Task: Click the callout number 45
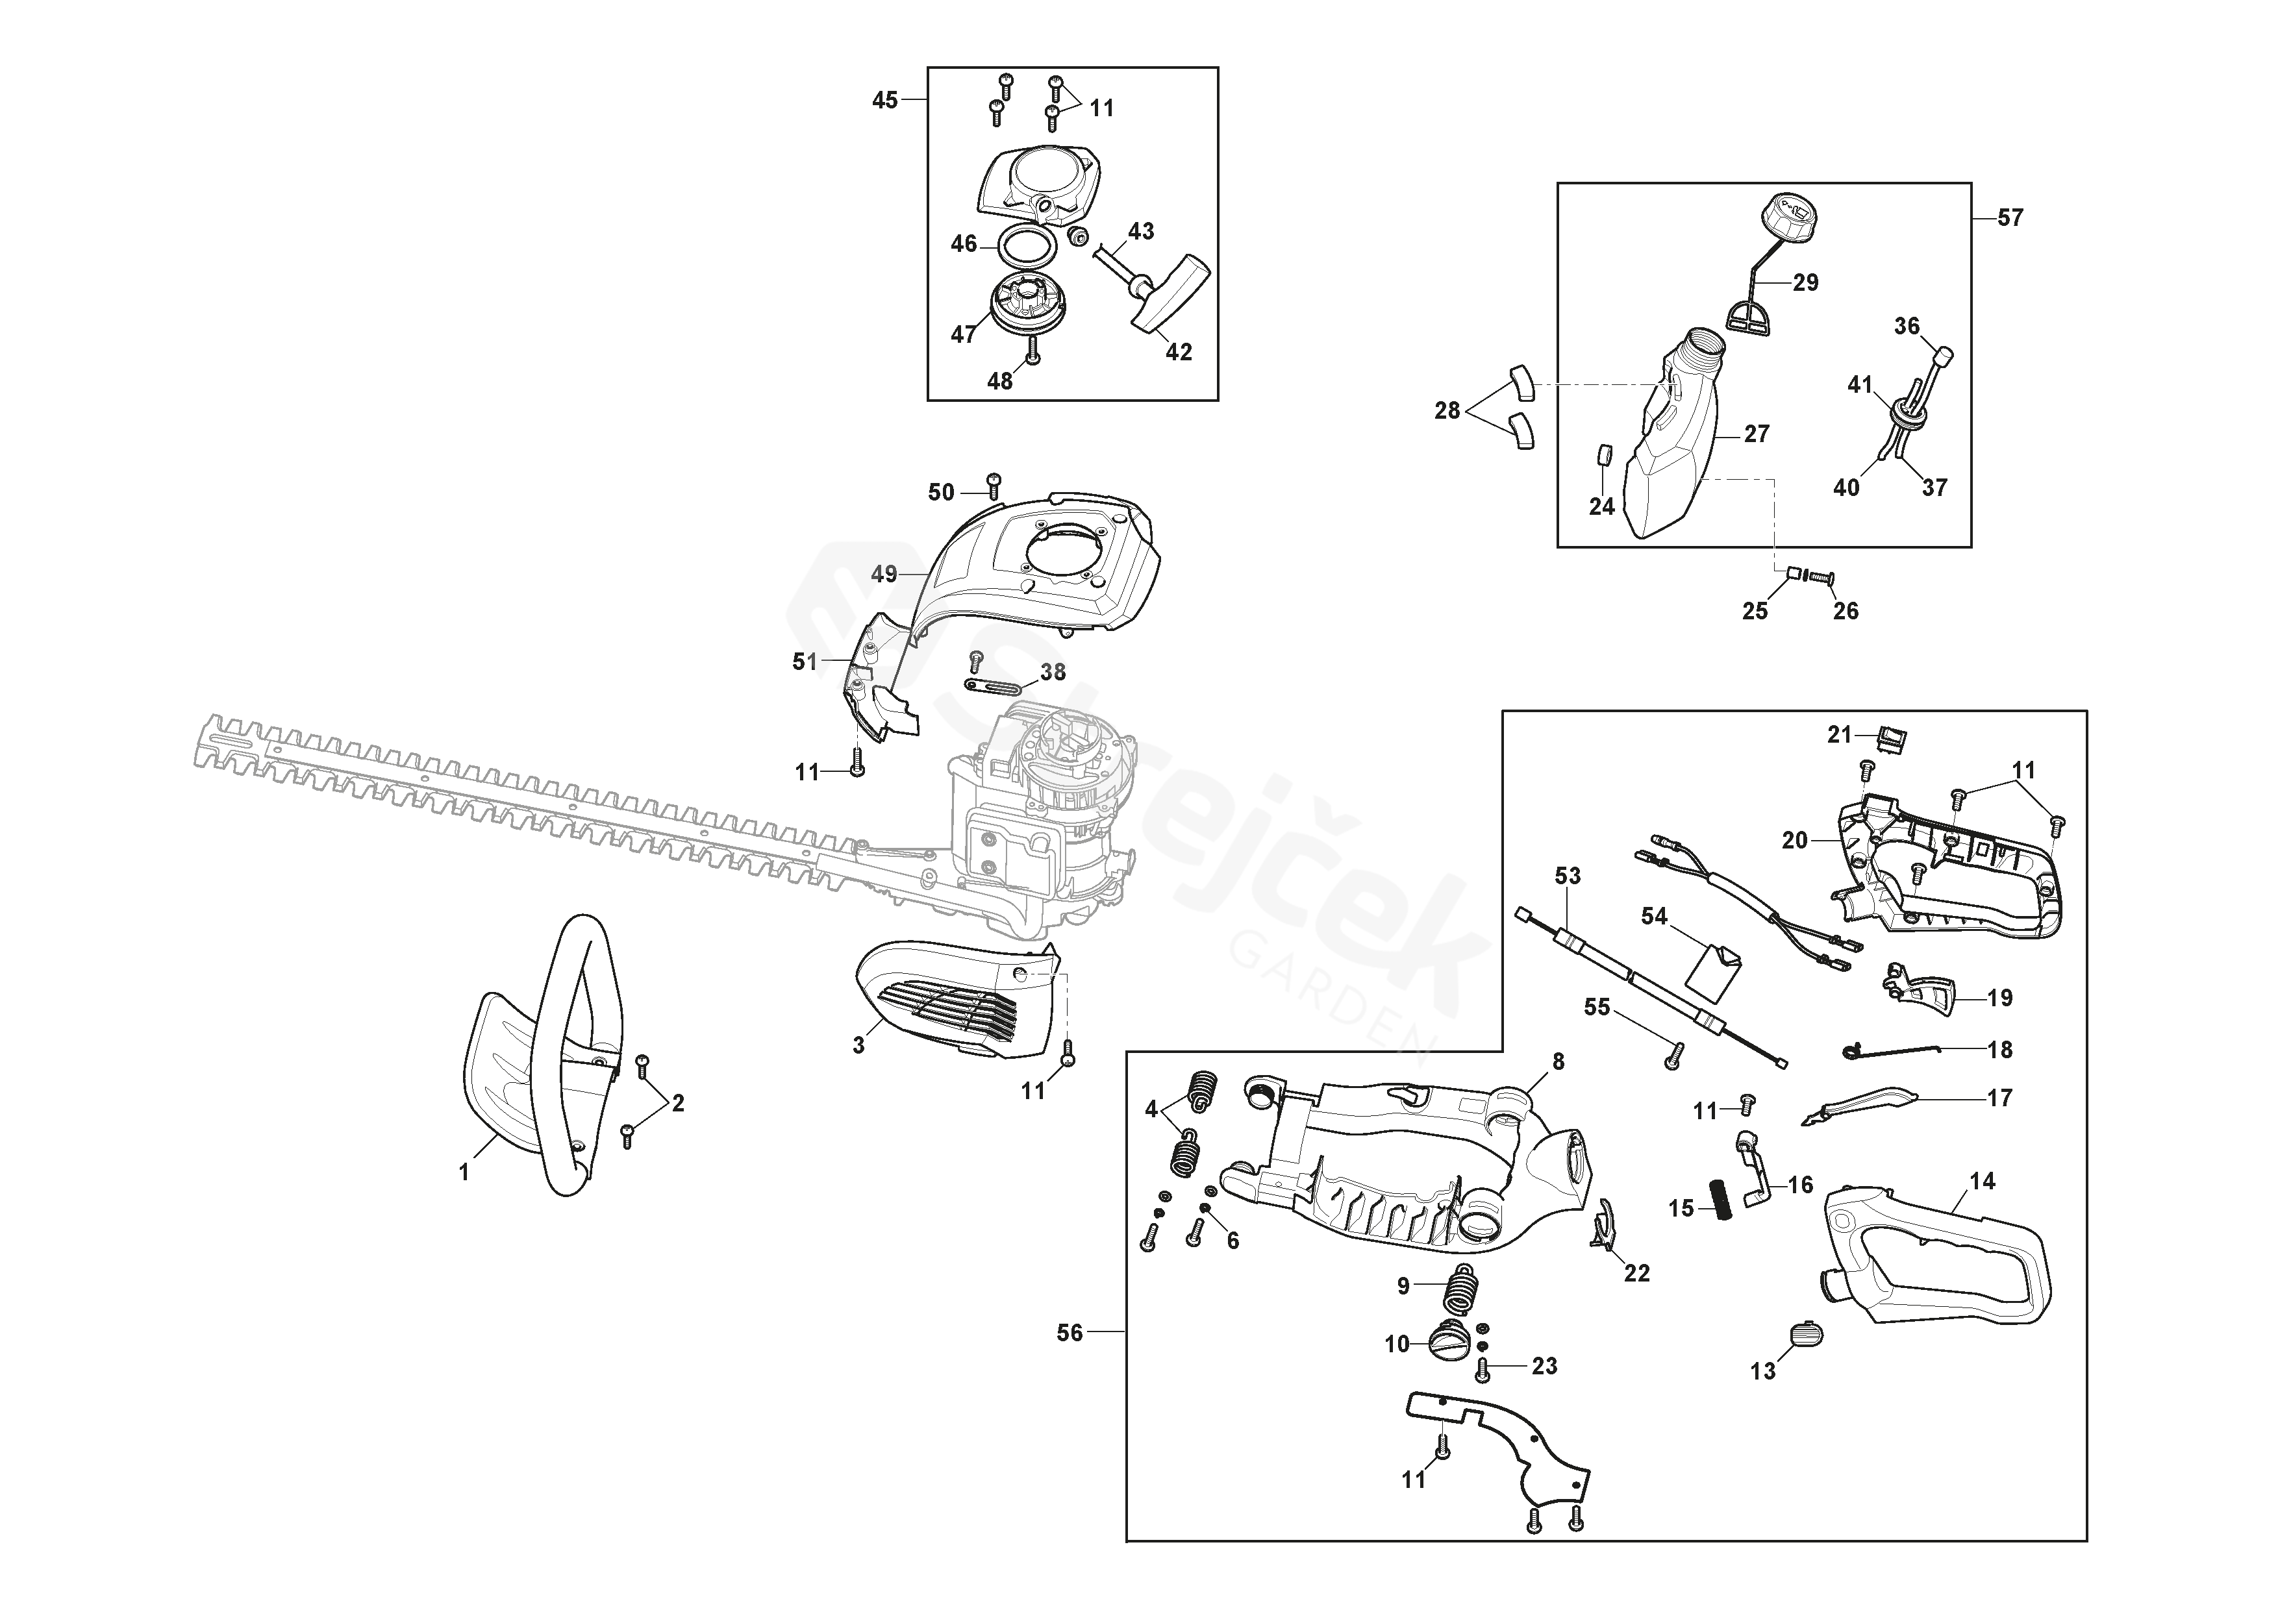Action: (884, 100)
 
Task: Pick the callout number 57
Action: (2010, 217)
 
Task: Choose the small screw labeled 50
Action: (994, 485)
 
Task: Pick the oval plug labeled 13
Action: (1806, 1333)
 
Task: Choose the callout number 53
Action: (1568, 876)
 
